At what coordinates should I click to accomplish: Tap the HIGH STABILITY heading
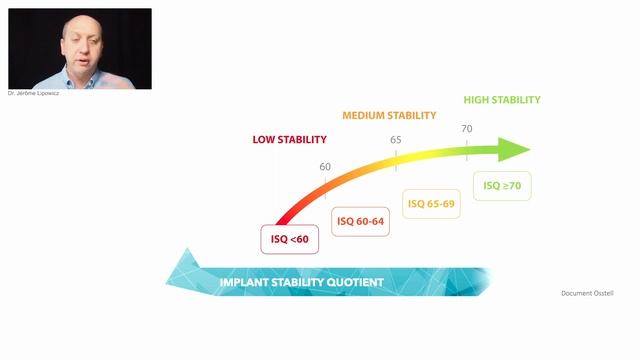pyautogui.click(x=502, y=100)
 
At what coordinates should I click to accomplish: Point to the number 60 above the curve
pyautogui.click(x=325, y=166)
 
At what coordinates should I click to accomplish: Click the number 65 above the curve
pyautogui.click(x=396, y=139)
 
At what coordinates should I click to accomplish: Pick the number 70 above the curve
pyautogui.click(x=467, y=129)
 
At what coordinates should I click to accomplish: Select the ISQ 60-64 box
pyautogui.click(x=359, y=221)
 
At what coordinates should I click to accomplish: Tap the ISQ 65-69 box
pyautogui.click(x=431, y=204)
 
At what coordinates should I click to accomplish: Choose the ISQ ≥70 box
pyautogui.click(x=502, y=186)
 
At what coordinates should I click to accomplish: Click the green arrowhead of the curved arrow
pyautogui.click(x=514, y=150)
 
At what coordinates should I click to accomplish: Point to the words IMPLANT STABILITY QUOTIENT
pyautogui.click(x=301, y=283)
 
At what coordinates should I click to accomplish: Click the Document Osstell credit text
pyautogui.click(x=588, y=293)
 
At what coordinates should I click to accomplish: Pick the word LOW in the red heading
pyautogui.click(x=263, y=139)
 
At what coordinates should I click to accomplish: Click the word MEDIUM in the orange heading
pyautogui.click(x=364, y=115)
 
